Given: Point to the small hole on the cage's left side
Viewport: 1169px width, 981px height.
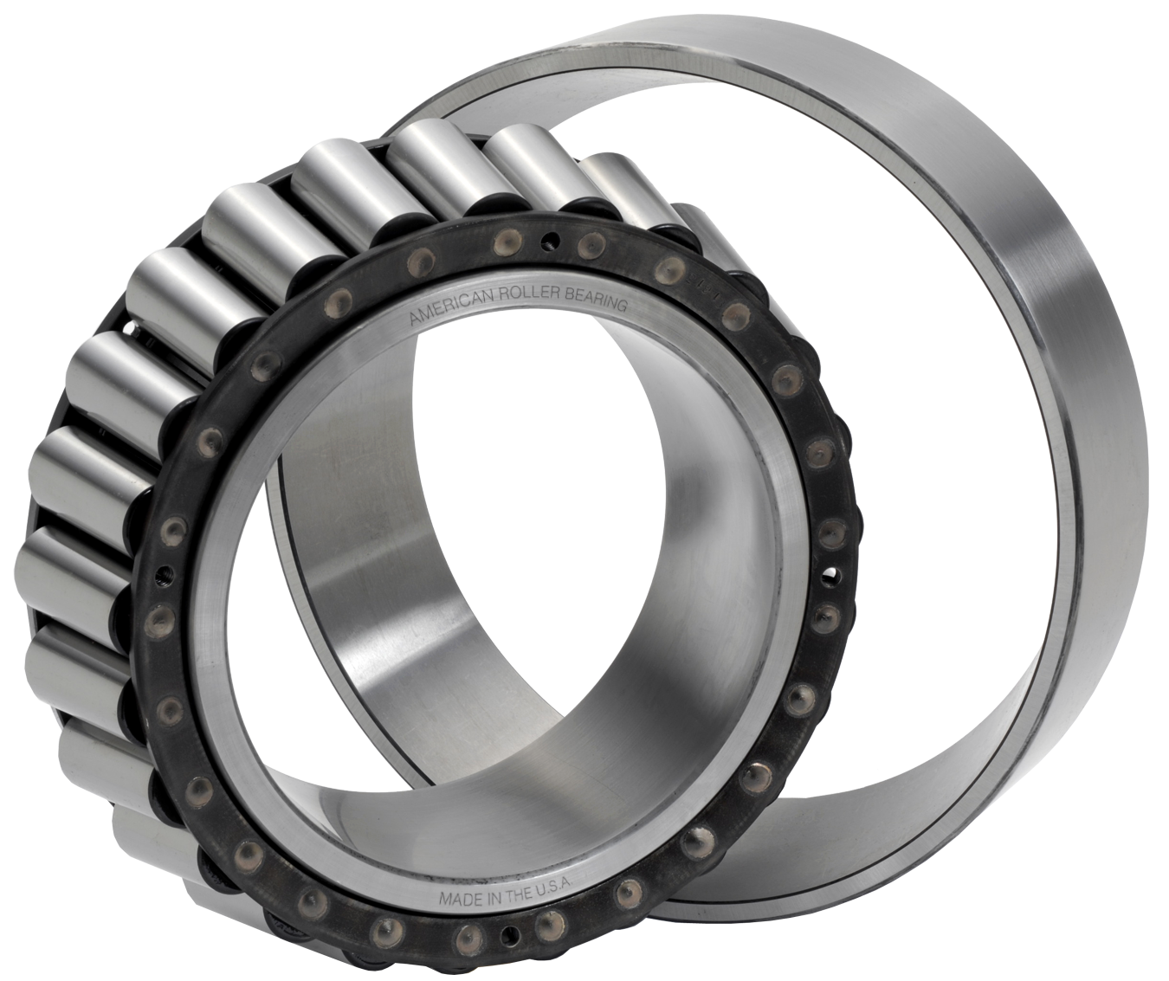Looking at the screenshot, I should (161, 573).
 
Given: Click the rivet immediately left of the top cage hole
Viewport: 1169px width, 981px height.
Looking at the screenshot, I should (502, 247).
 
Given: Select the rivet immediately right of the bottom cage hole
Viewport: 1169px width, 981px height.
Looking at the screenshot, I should (549, 927).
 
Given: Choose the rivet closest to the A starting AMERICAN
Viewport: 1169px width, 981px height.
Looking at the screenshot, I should (416, 259).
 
